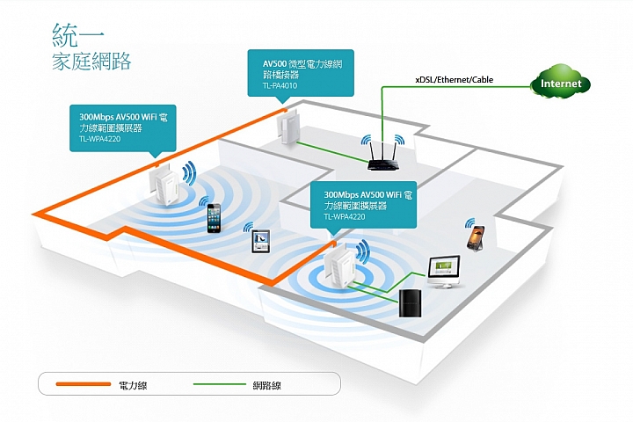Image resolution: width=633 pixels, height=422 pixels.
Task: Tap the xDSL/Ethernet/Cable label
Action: (455, 79)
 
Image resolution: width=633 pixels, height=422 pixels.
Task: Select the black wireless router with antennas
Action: (382, 156)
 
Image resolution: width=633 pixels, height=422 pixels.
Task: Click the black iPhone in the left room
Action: (214, 218)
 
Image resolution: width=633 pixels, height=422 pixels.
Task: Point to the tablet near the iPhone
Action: (261, 241)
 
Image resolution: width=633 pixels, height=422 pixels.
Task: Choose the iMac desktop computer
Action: (444, 272)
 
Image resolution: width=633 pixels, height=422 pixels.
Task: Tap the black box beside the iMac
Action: (411, 302)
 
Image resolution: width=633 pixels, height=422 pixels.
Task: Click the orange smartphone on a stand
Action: (476, 238)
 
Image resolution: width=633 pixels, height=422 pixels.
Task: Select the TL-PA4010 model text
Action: (280, 85)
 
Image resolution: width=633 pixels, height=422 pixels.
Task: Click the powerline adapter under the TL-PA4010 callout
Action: (288, 127)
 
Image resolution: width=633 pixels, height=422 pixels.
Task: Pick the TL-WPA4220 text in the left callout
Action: (99, 139)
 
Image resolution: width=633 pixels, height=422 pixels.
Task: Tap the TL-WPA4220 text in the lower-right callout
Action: (345, 217)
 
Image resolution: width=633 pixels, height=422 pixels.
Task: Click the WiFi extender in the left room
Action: (164, 185)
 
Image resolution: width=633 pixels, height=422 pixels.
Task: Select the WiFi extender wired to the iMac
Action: (340, 266)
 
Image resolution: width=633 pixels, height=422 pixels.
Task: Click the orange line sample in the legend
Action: (84, 384)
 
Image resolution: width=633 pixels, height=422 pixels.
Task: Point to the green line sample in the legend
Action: (220, 384)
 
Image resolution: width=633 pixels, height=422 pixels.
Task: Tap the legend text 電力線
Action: (133, 385)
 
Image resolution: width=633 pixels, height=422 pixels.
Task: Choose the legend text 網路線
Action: (267, 385)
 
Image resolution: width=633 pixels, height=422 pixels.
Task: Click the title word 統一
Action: (78, 35)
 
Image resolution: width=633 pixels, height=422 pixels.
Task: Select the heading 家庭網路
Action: (91, 62)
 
